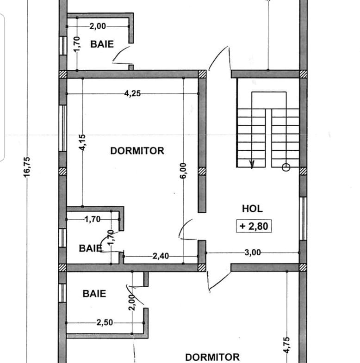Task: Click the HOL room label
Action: [252, 209]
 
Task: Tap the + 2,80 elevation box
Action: [254, 226]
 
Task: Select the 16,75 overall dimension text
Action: [27, 167]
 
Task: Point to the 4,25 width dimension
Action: [132, 93]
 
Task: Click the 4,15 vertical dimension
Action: [82, 142]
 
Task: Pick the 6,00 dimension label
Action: [183, 171]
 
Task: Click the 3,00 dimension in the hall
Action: [253, 252]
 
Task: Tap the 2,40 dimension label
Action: [161, 256]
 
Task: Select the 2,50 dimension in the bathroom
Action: [105, 322]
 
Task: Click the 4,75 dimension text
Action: [286, 345]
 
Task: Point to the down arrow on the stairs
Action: [252, 164]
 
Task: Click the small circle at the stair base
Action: [286, 167]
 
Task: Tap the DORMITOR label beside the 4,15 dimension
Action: [137, 151]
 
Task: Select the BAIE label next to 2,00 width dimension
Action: [102, 44]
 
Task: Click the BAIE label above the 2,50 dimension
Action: [94, 294]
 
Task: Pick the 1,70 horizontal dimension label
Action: [93, 219]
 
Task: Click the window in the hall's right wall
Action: [303, 219]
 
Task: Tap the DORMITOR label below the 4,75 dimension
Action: [212, 357]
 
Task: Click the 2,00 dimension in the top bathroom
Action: [98, 26]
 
